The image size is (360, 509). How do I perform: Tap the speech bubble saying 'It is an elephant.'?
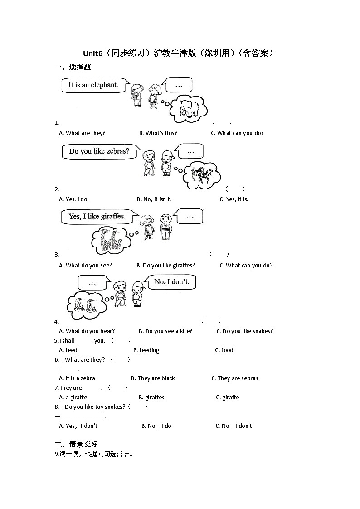tap(93, 85)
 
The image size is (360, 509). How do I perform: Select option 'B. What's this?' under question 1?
tap(158, 133)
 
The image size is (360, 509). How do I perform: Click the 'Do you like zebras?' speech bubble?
tap(99, 151)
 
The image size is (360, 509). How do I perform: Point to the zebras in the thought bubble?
tap(202, 175)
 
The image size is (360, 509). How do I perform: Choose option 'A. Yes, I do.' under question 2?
tap(74, 199)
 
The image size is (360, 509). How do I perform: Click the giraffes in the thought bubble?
tap(110, 239)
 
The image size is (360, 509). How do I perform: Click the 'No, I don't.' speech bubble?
tap(175, 282)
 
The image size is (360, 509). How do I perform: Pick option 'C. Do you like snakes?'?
tap(245, 331)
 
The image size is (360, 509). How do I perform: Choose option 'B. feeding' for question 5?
tap(146, 350)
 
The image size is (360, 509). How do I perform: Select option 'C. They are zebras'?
tap(235, 378)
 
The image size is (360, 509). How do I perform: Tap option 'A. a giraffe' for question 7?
tap(73, 398)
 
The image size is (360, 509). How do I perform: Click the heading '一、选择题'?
tap(73, 68)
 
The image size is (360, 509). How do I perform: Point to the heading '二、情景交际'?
tap(76, 444)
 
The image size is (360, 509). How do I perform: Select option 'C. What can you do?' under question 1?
tap(237, 133)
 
